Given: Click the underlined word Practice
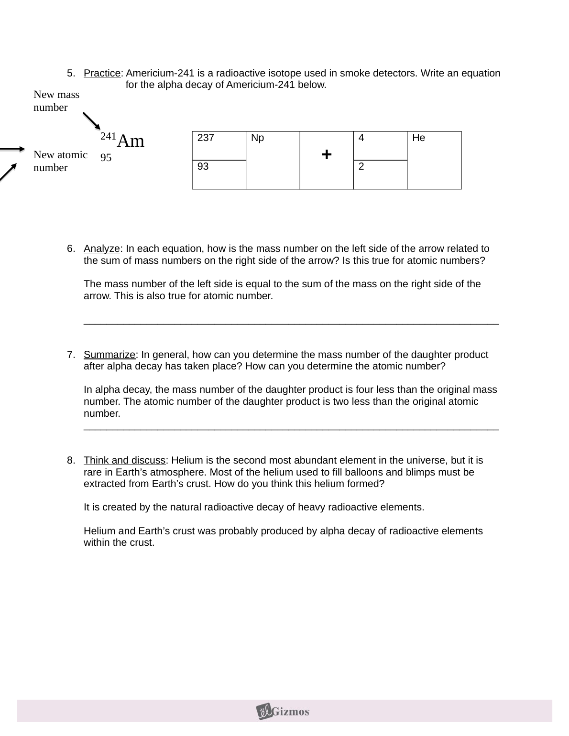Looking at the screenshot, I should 102,74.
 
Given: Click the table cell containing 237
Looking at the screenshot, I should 219,146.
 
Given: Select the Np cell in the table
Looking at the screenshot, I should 273,160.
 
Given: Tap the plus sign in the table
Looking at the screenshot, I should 327,155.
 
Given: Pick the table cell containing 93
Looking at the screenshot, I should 219,174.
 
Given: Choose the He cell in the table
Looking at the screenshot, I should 434,160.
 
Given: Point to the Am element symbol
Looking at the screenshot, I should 131,141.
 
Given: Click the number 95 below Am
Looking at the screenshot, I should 106,158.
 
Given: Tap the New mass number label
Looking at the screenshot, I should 56,101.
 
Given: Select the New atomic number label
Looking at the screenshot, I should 60,161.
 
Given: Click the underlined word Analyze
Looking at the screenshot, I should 101,249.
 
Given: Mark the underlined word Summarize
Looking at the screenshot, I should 109,355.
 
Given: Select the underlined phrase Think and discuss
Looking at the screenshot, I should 124,461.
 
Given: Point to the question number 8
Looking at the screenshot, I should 71,461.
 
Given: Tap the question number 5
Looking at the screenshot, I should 71,74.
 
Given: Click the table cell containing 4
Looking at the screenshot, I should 380,146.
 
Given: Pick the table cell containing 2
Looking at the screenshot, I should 380,174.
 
